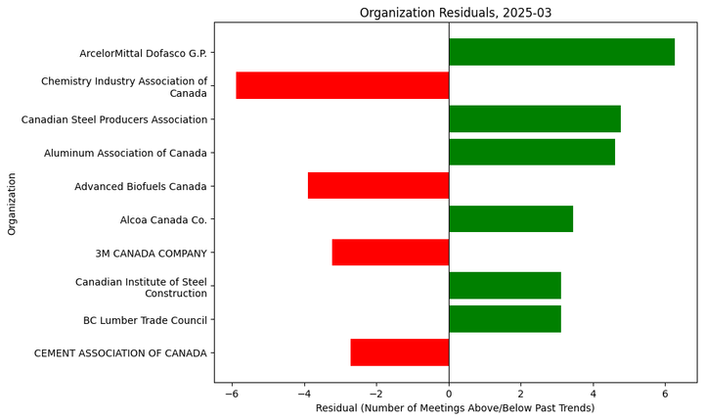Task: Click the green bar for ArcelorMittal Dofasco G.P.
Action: tap(561, 52)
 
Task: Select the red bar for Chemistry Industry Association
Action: tap(342, 85)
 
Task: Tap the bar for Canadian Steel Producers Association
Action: tap(534, 118)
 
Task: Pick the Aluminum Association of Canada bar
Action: tap(531, 152)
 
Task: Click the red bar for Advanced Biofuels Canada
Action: tap(378, 185)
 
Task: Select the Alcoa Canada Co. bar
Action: tap(510, 218)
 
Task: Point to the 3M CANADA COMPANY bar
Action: tap(390, 252)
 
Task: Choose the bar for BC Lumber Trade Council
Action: tap(505, 319)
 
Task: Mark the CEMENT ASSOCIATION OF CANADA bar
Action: tap(399, 352)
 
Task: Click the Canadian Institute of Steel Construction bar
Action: tap(505, 286)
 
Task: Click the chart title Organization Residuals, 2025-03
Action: tap(455, 13)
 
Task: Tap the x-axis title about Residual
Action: tap(455, 407)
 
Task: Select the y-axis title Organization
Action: tap(13, 204)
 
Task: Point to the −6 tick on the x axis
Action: tap(232, 392)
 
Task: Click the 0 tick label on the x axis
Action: tap(449, 392)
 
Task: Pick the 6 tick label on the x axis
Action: tap(665, 392)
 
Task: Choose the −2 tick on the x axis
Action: tap(376, 392)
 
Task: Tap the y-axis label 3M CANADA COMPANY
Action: tap(151, 254)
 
